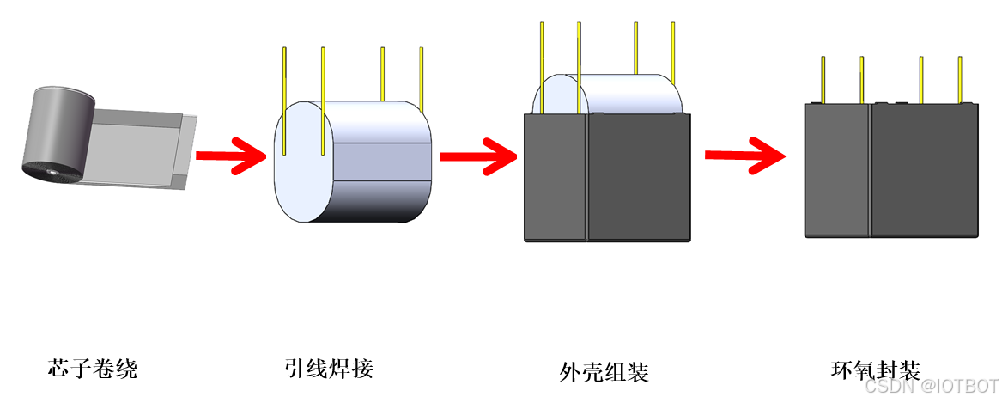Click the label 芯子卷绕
pyautogui.click(x=93, y=369)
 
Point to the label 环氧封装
pyautogui.click(x=876, y=370)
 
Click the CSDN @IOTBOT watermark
pyautogui.click(x=931, y=387)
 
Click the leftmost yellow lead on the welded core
pyautogui.click(x=285, y=99)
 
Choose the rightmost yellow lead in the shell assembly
pyautogui.click(x=672, y=52)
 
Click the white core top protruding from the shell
pyautogui.click(x=610, y=93)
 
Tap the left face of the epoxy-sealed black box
pyautogui.click(x=837, y=170)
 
